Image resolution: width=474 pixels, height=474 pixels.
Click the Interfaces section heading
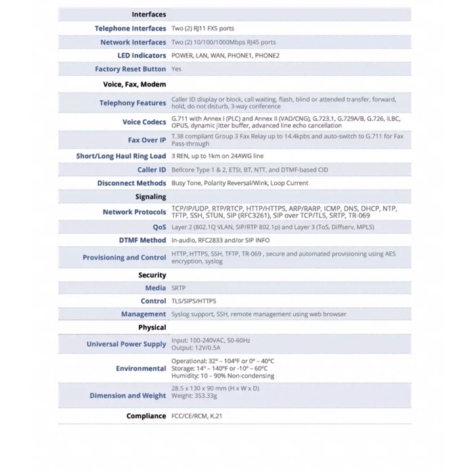tap(148, 14)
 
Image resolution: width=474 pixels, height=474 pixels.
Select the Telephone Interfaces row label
tap(130, 28)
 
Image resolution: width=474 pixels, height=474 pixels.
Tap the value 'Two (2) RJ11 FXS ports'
tap(202, 28)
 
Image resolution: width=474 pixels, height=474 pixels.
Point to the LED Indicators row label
tap(142, 56)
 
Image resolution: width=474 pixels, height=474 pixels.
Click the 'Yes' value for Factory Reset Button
tap(176, 69)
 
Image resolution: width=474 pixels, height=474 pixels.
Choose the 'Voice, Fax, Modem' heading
tap(134, 85)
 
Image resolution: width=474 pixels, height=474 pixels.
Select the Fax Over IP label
tap(146, 140)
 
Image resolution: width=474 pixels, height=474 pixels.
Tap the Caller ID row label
tap(152, 170)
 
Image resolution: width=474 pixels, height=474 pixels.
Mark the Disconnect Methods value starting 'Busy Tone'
tap(240, 184)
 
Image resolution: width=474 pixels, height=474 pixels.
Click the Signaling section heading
tap(150, 197)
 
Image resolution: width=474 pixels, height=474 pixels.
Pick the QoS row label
tap(159, 228)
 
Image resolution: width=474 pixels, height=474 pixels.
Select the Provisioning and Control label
tap(124, 257)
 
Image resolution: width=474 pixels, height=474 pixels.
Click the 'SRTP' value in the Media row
tap(178, 288)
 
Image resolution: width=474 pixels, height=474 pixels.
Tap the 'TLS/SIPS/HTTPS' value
tap(194, 301)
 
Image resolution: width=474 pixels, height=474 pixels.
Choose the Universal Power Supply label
tap(126, 344)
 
